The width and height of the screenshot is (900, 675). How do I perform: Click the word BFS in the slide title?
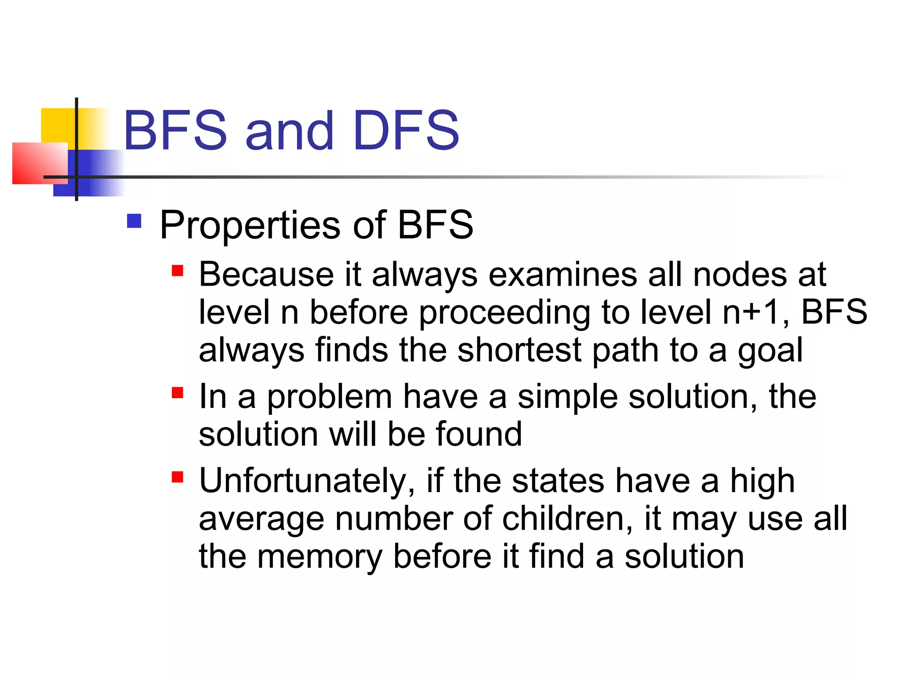175,131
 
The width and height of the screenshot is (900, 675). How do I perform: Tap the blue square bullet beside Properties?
134,221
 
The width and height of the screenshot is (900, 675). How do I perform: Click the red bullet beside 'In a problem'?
178,392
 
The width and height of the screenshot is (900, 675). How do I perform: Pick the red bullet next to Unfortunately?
178,477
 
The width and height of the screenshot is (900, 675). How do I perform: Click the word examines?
563,276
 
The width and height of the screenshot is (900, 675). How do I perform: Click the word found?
479,435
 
